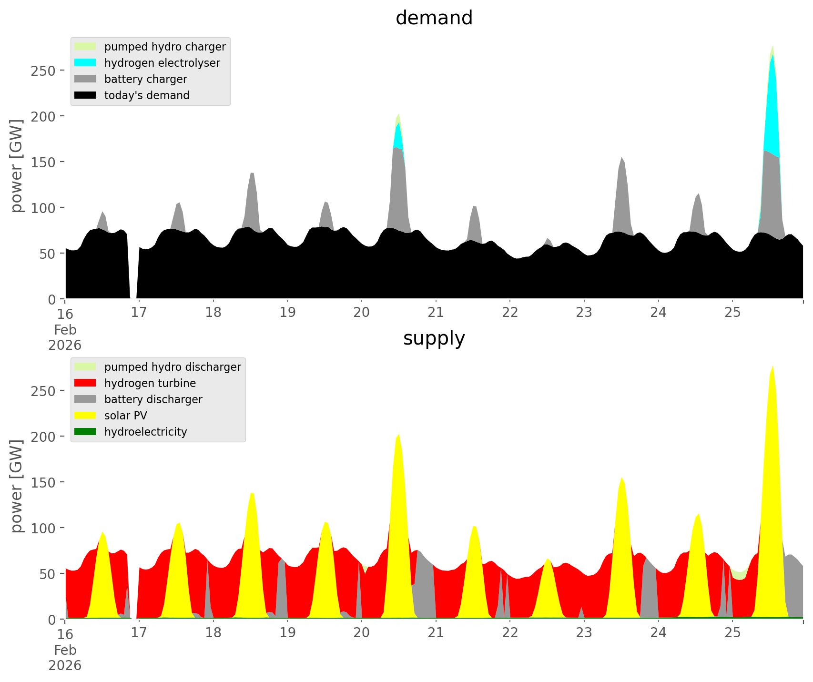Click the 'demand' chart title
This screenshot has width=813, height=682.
[434, 18]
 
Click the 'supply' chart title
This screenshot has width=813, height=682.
[434, 338]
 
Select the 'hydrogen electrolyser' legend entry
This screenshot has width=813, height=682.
[162, 63]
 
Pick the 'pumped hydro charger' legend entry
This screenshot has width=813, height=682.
[165, 47]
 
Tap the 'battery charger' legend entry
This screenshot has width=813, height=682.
[145, 79]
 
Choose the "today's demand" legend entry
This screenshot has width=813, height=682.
[147, 95]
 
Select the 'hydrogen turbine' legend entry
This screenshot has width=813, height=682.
[150, 383]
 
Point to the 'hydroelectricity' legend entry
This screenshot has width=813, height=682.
[145, 432]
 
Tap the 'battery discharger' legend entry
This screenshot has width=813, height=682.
[153, 399]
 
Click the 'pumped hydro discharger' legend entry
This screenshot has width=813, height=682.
[173, 367]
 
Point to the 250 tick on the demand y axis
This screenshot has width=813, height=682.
[43, 71]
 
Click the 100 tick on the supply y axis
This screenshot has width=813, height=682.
[43, 528]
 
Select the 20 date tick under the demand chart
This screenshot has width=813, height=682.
[362, 313]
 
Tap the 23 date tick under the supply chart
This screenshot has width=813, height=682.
[584, 633]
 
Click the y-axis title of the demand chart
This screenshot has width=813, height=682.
[16, 166]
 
